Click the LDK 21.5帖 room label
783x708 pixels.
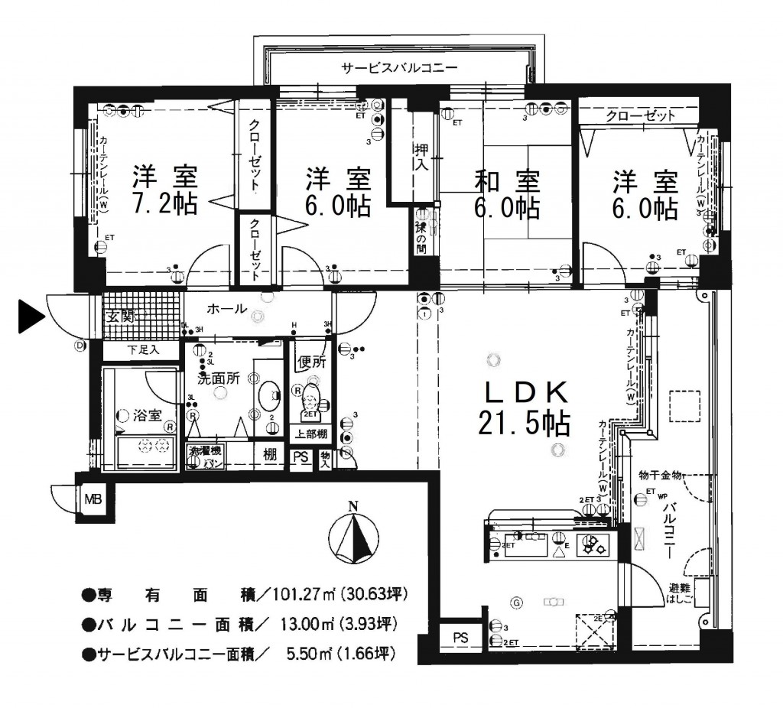point(525,409)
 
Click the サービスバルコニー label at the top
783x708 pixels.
point(399,67)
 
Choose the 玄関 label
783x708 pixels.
point(119,316)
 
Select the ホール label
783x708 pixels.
point(226,310)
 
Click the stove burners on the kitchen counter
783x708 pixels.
point(594,545)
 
